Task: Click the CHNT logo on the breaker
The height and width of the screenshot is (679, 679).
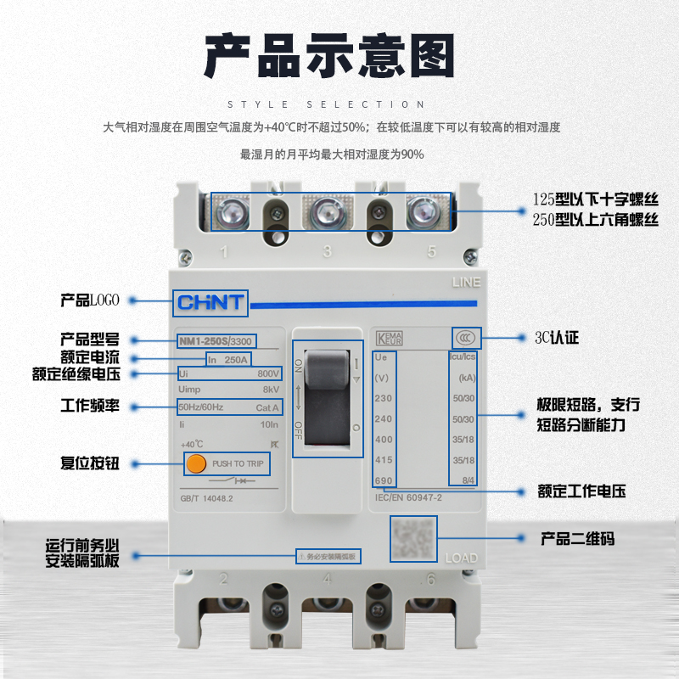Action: (x=210, y=302)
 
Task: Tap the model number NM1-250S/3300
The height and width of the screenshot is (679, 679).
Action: (x=216, y=341)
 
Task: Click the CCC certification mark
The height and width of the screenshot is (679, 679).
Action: (x=464, y=338)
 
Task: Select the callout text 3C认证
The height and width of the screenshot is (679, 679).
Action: (x=557, y=338)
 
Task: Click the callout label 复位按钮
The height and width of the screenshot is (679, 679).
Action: (x=91, y=463)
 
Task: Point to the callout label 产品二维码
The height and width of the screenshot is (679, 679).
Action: (x=578, y=539)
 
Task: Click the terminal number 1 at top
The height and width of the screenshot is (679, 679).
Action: (x=224, y=251)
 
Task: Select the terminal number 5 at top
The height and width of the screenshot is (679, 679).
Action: (x=432, y=251)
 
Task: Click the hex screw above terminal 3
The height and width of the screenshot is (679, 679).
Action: (x=327, y=212)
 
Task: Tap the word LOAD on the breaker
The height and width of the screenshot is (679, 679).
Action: (x=461, y=558)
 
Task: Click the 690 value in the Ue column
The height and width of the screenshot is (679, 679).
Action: (x=384, y=480)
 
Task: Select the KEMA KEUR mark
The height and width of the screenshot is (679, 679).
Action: (x=390, y=338)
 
